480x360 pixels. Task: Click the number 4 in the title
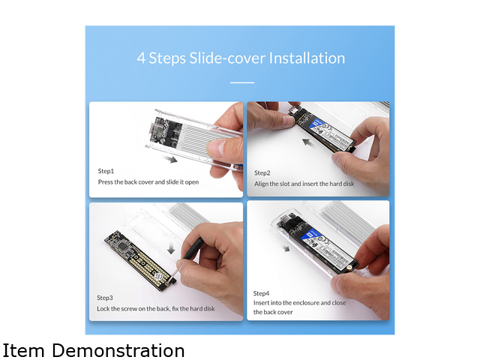[141, 58]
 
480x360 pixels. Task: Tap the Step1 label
[106, 171]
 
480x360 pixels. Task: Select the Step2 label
[262, 173]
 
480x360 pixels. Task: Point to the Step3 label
[105, 298]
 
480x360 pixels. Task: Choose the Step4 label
[261, 293]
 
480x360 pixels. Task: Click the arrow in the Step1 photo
[170, 158]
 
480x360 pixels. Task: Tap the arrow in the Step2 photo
[310, 143]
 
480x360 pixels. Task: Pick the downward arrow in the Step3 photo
[172, 247]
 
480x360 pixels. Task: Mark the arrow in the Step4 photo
[286, 248]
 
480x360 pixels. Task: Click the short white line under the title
[242, 82]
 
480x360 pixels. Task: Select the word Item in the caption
[23, 350]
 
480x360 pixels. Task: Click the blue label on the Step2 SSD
[316, 123]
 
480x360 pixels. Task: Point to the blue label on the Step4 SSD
[312, 235]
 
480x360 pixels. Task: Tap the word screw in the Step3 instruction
[130, 309]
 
